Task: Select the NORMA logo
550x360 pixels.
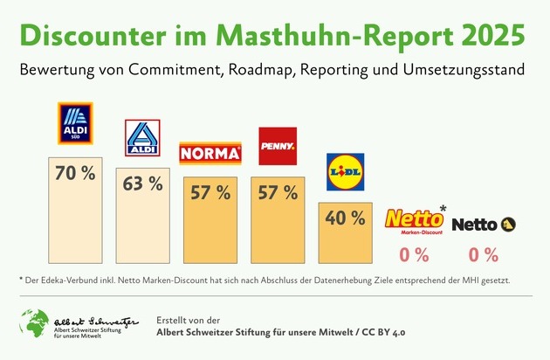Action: pyautogui.click(x=210, y=155)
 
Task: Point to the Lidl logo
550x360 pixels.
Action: pyautogui.click(x=345, y=169)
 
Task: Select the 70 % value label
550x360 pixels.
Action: pyautogui.click(x=74, y=173)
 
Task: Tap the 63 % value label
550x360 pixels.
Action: pyautogui.click(x=142, y=183)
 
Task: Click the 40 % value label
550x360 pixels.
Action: pyautogui.click(x=345, y=218)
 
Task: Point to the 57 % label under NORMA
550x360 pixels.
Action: pyautogui.click(x=210, y=192)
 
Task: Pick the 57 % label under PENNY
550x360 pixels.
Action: pyautogui.click(x=278, y=192)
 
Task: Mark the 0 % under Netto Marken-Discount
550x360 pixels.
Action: pyautogui.click(x=414, y=255)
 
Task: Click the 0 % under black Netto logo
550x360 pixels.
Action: pyautogui.click(x=483, y=255)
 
